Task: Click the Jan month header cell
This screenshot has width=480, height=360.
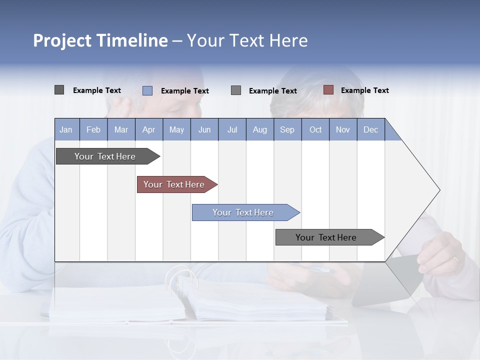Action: [x=66, y=129]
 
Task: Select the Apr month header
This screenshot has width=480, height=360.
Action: [x=149, y=129]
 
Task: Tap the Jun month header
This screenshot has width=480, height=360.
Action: [x=204, y=129]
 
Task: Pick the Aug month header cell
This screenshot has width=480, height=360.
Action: [x=260, y=129]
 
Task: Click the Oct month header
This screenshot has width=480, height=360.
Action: [x=315, y=129]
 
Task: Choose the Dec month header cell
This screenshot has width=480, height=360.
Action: [x=371, y=129]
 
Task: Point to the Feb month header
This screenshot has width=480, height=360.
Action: [x=93, y=129]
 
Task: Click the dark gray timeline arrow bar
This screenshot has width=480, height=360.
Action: [x=105, y=156]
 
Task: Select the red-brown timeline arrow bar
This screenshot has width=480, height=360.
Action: [x=174, y=184]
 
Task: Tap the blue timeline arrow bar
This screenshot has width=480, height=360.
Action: [x=243, y=212]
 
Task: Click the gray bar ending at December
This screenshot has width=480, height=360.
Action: [x=326, y=237]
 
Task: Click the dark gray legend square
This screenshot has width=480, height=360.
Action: [x=59, y=90]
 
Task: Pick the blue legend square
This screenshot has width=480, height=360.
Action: [x=147, y=90]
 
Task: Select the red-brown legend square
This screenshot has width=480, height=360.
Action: [x=328, y=90]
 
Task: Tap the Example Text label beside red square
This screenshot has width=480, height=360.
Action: [x=364, y=90]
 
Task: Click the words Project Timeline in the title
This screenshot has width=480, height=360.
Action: [x=100, y=40]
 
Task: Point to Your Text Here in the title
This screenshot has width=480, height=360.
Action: [x=247, y=40]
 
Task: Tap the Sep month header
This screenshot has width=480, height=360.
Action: [x=287, y=129]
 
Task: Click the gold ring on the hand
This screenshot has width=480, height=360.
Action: [x=455, y=259]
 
